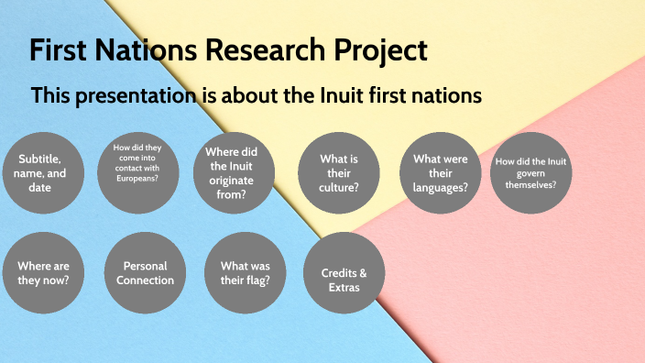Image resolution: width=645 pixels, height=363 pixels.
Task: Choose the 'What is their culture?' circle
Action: point(339,172)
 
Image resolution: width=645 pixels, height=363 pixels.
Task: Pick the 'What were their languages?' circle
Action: point(441,172)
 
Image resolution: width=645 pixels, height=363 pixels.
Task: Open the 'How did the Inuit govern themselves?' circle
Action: point(531,172)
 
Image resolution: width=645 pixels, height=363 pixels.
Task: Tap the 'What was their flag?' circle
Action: point(246,273)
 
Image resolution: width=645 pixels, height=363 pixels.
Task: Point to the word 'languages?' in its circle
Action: point(441,187)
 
